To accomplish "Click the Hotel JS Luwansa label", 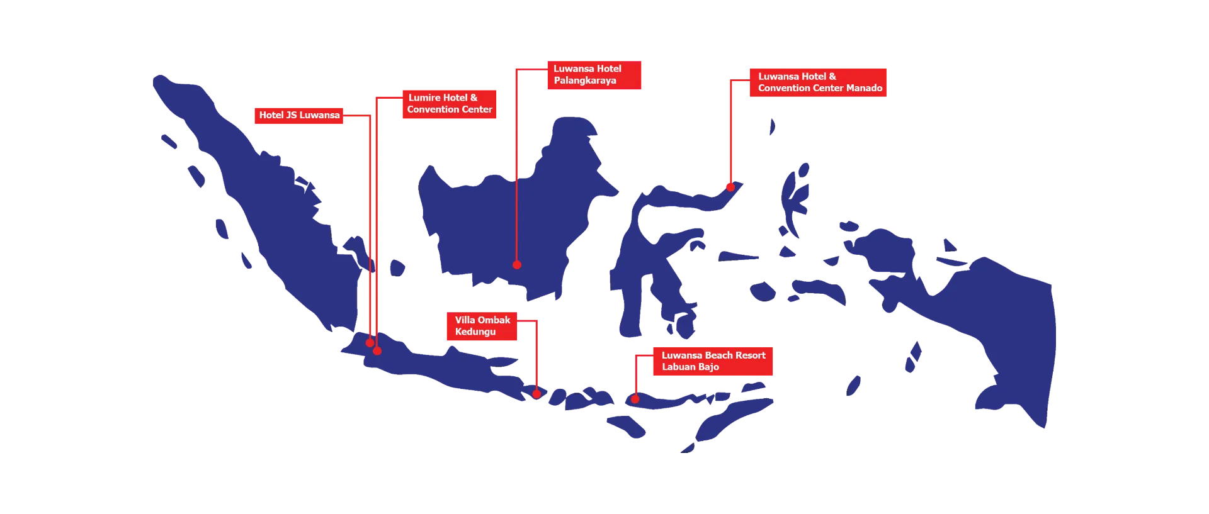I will [x=299, y=115].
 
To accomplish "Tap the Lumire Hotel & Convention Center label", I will [x=449, y=103].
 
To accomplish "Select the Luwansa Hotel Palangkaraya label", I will [x=593, y=75].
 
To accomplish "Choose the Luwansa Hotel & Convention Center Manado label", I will [x=819, y=82].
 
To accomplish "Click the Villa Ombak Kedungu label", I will [x=481, y=326].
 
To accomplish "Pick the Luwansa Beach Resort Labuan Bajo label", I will [x=712, y=361].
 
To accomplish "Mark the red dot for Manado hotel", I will [x=730, y=187].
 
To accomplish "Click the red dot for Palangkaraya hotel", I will [x=516, y=265].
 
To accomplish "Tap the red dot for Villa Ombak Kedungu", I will [x=536, y=394].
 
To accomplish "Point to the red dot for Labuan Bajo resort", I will [x=635, y=399].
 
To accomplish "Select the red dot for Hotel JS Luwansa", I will [x=370, y=343].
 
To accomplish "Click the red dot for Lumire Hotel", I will [x=377, y=351].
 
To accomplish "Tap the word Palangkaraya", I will [x=585, y=81].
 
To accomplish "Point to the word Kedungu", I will [x=475, y=332].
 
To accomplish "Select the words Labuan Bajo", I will [x=690, y=367].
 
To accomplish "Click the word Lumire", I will [x=424, y=98].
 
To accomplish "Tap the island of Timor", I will [x=730, y=422].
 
